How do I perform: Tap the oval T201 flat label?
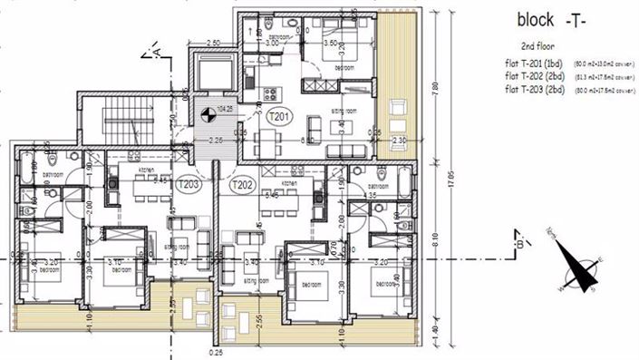(281, 115)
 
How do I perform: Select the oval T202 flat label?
(241, 185)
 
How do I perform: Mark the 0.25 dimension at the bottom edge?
(215, 352)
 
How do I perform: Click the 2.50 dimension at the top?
(214, 43)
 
